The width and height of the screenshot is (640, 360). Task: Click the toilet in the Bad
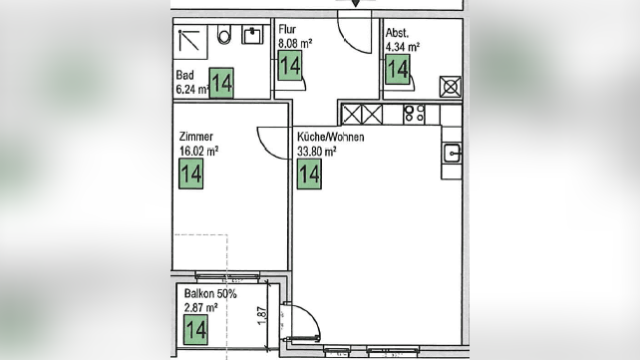tap(224, 35)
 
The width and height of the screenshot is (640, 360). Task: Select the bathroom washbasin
tap(252, 35)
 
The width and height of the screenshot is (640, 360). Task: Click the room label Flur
tap(287, 29)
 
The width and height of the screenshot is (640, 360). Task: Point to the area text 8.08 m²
tap(295, 43)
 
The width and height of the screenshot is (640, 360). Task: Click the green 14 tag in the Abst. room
tap(398, 69)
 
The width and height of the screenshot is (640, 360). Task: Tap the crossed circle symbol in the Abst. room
tap(451, 87)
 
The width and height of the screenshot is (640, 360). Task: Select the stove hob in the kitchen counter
tap(414, 115)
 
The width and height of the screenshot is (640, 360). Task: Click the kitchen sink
tap(453, 154)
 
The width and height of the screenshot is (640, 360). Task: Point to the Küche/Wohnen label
tap(331, 137)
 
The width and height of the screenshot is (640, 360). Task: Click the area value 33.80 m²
tap(317, 152)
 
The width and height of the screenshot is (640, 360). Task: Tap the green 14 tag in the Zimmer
tap(191, 174)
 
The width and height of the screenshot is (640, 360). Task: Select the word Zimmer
tap(196, 137)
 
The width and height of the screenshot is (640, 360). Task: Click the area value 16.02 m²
tap(199, 151)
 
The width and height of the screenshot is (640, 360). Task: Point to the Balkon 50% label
tap(210, 293)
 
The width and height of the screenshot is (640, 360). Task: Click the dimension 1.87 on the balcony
tap(262, 315)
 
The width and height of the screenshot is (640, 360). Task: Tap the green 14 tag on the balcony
tap(195, 329)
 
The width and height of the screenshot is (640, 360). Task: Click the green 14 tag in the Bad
tap(221, 83)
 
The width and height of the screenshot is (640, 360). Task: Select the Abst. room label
tap(397, 33)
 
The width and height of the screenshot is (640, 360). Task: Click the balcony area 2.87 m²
tap(200, 307)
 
